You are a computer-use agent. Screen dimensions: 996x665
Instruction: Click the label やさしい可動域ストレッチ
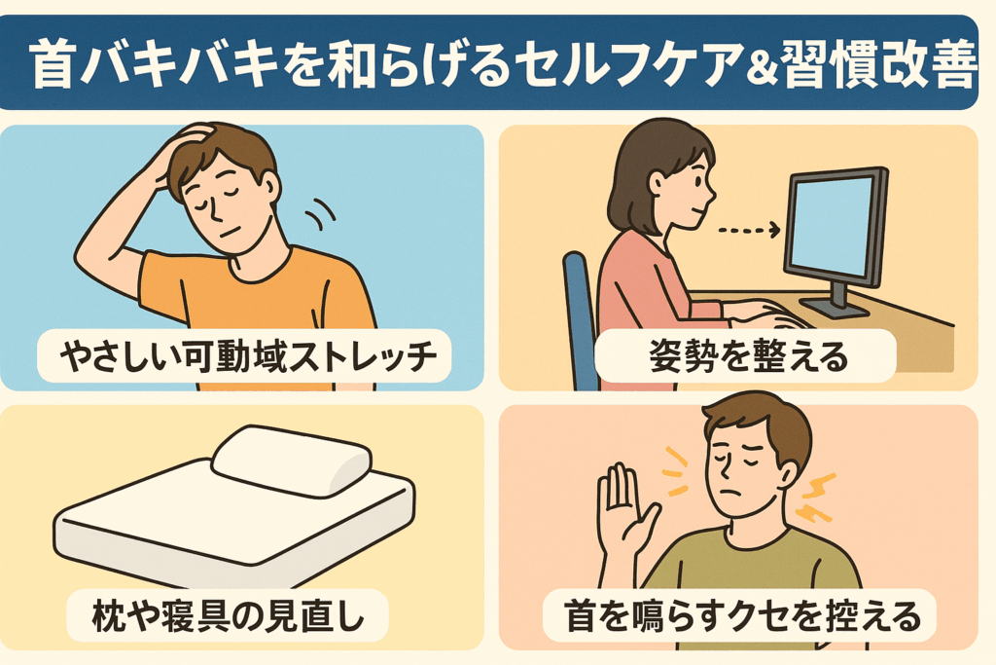[x=248, y=356]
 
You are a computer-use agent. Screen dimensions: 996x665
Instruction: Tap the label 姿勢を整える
[x=748, y=356]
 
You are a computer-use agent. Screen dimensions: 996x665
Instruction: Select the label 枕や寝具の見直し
[x=228, y=616]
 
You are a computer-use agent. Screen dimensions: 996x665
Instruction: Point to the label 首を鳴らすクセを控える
[x=742, y=616]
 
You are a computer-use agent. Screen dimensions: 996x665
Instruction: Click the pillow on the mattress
[x=292, y=461]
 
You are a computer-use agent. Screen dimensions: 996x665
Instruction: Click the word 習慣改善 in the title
[x=875, y=64]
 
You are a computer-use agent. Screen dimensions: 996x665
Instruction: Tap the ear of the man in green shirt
[x=788, y=473]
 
